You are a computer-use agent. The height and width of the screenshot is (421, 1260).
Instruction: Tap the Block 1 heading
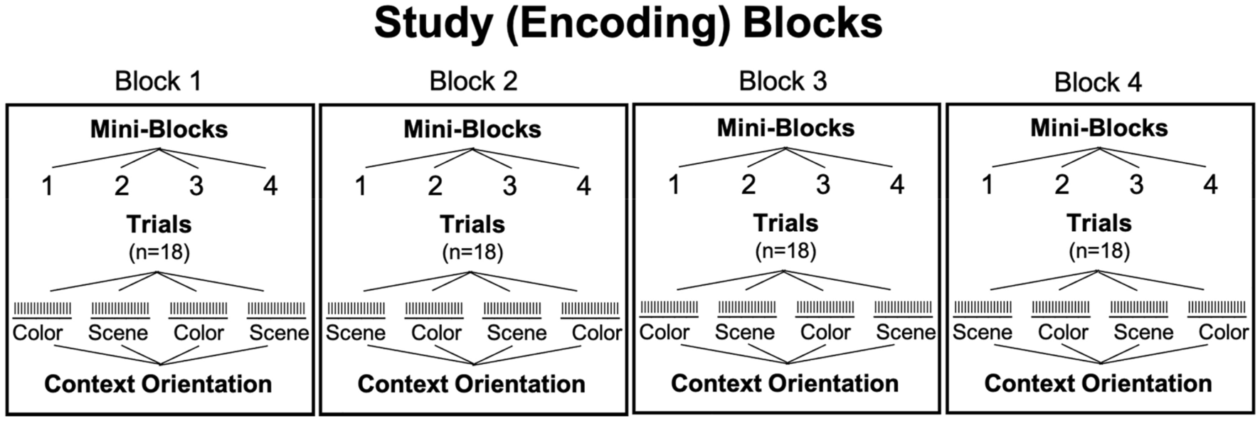(158, 81)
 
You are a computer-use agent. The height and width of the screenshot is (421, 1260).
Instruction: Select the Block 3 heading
(783, 81)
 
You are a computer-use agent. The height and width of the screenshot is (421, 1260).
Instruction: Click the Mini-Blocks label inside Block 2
(472, 129)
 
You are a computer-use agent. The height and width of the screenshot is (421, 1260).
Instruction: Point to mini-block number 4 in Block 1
(270, 186)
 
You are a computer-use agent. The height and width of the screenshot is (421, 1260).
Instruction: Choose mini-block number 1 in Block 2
(361, 186)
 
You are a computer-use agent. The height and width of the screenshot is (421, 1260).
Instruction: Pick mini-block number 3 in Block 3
(822, 185)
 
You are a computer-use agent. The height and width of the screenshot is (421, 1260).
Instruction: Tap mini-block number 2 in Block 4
(1062, 185)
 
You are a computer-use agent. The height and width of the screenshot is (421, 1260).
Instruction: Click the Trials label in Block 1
(159, 225)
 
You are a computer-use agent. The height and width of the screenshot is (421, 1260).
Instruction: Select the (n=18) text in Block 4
(1099, 250)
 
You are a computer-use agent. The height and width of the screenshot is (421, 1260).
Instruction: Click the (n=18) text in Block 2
(472, 252)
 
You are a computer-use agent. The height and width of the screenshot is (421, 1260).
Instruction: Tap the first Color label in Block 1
(38, 333)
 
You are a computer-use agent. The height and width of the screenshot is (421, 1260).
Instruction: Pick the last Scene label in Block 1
(279, 333)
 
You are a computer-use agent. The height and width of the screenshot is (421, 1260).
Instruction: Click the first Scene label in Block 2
(355, 333)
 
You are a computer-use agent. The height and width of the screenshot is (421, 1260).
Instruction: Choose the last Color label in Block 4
(1223, 332)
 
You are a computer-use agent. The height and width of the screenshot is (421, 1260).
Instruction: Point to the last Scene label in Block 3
(906, 332)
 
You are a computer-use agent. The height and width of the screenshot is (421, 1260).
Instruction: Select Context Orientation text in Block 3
(785, 383)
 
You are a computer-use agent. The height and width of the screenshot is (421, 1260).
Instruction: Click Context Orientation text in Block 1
(158, 384)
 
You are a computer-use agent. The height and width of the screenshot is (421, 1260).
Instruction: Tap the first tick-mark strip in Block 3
(669, 308)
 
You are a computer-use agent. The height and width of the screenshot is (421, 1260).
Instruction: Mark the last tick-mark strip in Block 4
(1217, 308)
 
